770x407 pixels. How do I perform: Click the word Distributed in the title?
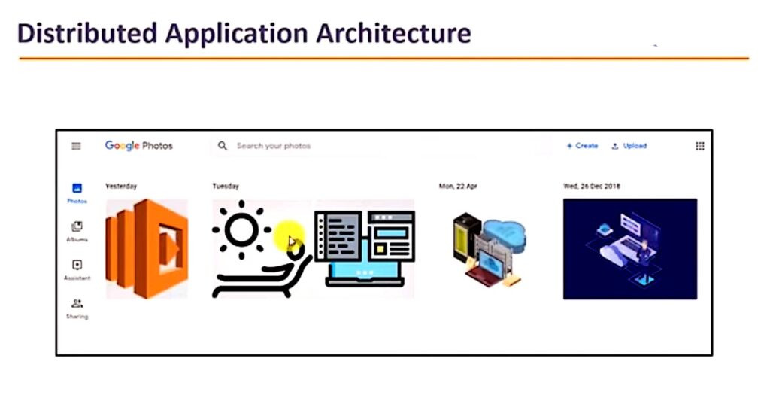(x=87, y=33)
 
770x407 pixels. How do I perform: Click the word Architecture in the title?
(x=393, y=33)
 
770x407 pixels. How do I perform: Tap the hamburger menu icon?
(x=76, y=146)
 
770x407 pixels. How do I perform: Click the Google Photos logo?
(x=139, y=146)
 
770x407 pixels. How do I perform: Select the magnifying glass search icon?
(x=223, y=146)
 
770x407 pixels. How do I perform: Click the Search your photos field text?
(x=274, y=146)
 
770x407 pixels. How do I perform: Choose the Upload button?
(x=629, y=146)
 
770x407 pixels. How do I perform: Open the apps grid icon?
(x=700, y=146)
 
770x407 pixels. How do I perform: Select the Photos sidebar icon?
(x=77, y=188)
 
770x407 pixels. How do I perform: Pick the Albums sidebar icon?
(x=77, y=226)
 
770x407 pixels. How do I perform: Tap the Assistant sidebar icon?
(x=77, y=265)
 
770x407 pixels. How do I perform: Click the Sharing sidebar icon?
(x=77, y=304)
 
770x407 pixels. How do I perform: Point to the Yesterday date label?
(x=121, y=187)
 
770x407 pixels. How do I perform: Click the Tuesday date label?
(x=226, y=187)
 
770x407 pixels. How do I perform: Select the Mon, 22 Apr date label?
(x=458, y=187)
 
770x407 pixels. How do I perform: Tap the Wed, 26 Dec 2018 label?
(x=592, y=187)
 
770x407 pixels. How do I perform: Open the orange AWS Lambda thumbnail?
(x=147, y=249)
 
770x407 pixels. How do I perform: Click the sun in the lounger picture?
(x=241, y=229)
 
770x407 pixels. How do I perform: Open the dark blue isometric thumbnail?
(x=630, y=249)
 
